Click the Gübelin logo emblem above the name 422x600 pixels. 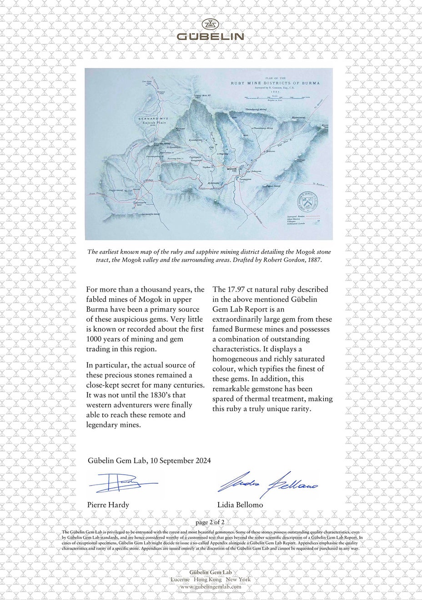pos(211,25)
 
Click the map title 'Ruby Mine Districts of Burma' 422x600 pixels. pos(275,84)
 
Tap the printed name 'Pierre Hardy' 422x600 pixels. pos(108,505)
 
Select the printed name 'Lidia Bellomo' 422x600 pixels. pos(240,505)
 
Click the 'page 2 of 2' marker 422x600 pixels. pos(210,523)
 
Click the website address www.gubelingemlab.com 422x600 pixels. pos(211,586)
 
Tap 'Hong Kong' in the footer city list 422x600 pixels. pos(207,580)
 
